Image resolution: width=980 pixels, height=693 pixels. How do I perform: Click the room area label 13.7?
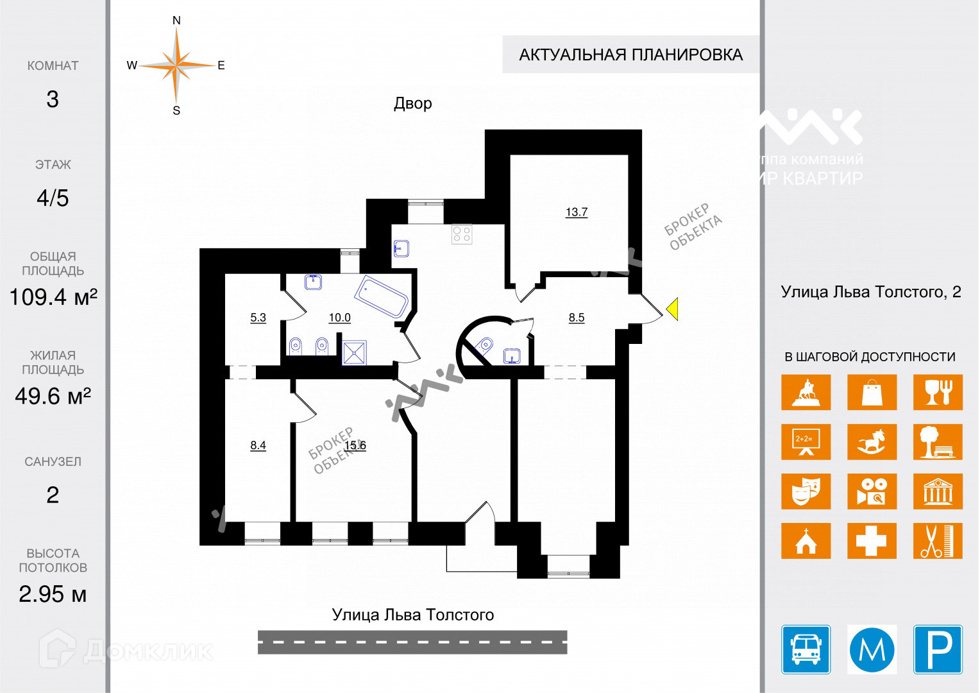click(x=576, y=212)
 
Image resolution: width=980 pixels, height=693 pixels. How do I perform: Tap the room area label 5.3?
click(x=258, y=318)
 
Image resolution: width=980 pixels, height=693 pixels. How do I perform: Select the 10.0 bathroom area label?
click(x=339, y=318)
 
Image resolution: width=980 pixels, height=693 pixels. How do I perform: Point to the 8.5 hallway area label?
click(x=576, y=318)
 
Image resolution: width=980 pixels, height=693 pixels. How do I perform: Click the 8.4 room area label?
click(x=258, y=445)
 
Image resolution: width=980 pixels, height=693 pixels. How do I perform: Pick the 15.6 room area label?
click(x=355, y=445)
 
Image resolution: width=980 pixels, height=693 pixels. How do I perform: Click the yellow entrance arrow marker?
click(x=672, y=309)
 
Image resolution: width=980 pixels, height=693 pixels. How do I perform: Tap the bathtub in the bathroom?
click(x=381, y=296)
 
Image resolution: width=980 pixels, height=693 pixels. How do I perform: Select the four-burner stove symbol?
click(x=462, y=234)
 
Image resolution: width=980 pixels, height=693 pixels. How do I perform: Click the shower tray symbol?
click(x=354, y=352)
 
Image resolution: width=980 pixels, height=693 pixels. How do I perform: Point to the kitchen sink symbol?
click(x=401, y=248)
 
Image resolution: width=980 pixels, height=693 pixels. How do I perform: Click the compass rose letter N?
click(x=176, y=21)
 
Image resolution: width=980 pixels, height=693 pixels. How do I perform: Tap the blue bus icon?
click(x=806, y=649)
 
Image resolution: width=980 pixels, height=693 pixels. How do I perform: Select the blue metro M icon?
click(x=872, y=649)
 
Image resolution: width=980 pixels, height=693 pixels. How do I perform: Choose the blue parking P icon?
click(x=938, y=649)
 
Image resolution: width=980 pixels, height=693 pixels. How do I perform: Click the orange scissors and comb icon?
click(x=938, y=540)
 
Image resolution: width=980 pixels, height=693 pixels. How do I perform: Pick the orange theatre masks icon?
click(x=806, y=491)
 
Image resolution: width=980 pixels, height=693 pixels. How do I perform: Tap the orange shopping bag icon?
click(x=872, y=392)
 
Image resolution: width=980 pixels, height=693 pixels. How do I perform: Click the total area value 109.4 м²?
click(x=53, y=297)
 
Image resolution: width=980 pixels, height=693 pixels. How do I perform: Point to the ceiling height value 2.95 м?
click(x=53, y=594)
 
